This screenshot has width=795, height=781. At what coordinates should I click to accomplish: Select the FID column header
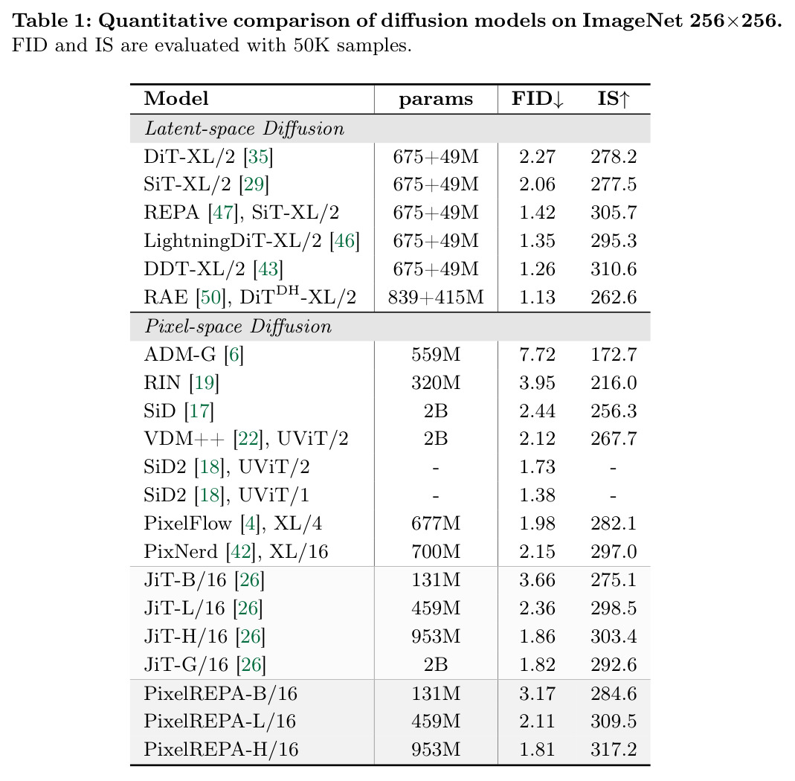[x=538, y=99]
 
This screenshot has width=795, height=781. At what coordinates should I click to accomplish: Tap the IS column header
[x=614, y=99]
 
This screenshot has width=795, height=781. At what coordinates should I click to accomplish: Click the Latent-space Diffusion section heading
[x=245, y=129]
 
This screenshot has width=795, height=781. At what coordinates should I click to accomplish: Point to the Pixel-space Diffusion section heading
[x=238, y=327]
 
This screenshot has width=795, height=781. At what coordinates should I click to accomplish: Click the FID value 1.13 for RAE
[x=538, y=298]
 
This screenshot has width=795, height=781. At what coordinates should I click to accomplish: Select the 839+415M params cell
[x=436, y=298]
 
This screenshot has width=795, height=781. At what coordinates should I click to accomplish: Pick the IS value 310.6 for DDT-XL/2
[x=614, y=269]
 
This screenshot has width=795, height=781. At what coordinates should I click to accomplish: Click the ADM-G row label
[x=193, y=355]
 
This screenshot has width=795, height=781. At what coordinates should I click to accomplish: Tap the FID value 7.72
[x=538, y=355]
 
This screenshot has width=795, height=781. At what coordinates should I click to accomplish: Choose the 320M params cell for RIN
[x=436, y=383]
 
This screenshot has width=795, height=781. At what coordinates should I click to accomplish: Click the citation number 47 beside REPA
[x=223, y=213]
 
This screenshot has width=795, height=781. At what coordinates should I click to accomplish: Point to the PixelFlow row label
[x=234, y=524]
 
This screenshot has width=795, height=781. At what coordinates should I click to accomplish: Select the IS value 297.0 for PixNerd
[x=614, y=552]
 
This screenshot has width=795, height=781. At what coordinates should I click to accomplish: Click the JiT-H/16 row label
[x=205, y=637]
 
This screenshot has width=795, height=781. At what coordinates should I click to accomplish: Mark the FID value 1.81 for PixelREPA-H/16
[x=538, y=750]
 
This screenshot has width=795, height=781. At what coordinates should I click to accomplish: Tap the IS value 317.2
[x=614, y=750]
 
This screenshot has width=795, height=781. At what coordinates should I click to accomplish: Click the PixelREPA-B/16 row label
[x=221, y=693]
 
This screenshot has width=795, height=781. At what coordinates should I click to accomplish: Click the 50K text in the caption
[x=312, y=45]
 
